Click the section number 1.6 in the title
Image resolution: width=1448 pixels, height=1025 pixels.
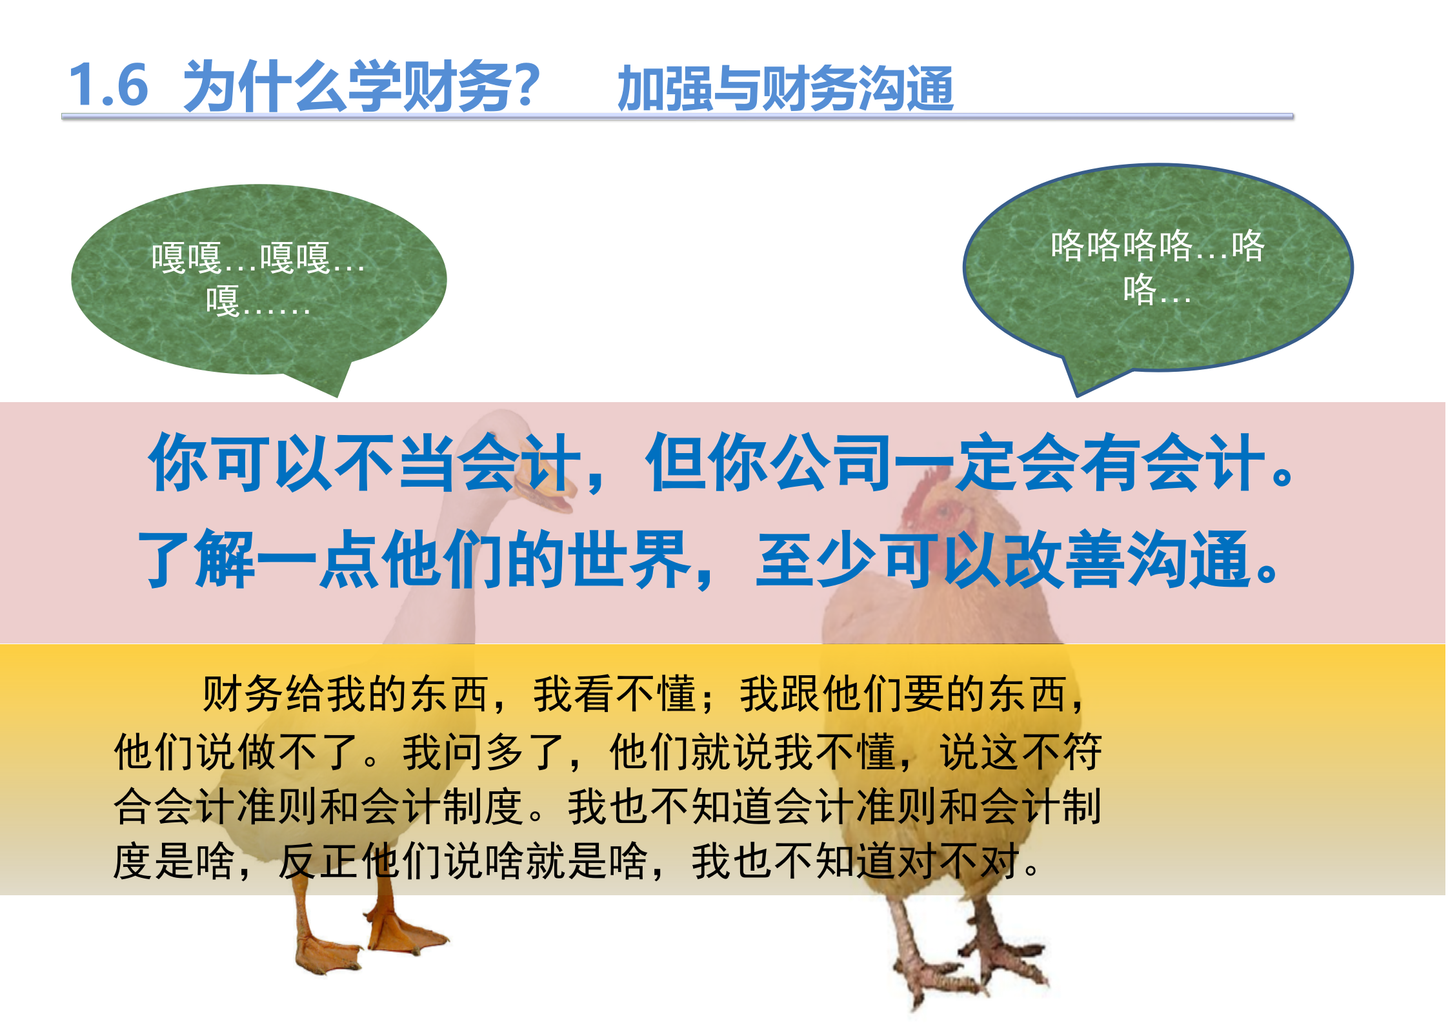[x=108, y=85]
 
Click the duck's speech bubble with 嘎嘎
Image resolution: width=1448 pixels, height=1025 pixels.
[x=258, y=279]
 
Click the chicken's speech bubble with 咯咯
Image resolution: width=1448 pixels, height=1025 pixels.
[x=1158, y=266]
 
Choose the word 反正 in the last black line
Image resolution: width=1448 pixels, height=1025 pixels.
[x=319, y=861]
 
